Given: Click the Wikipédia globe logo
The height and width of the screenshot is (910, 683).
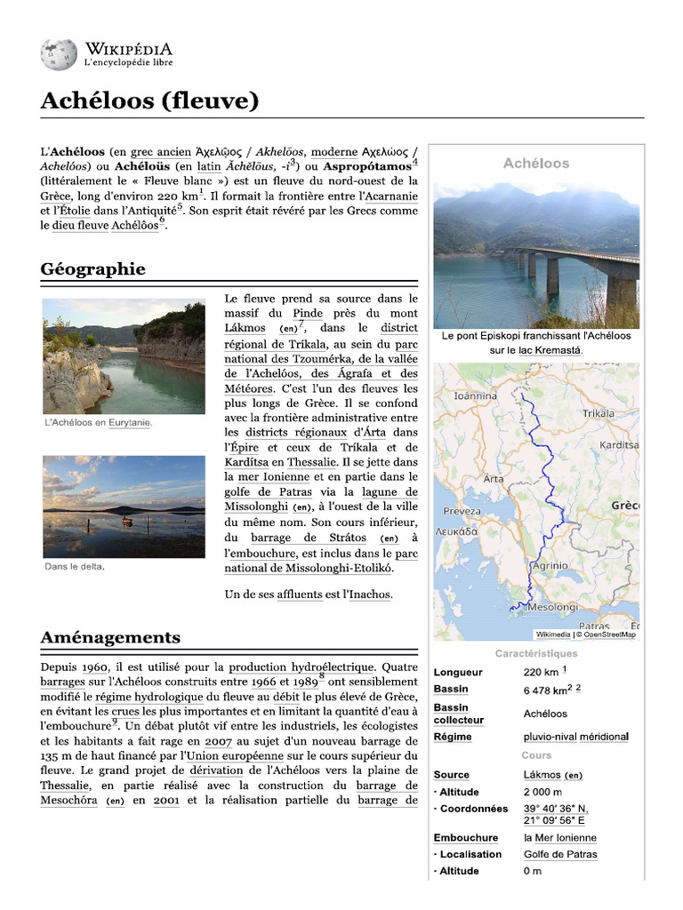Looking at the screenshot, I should tap(59, 55).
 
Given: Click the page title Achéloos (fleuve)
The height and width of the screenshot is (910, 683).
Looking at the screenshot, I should tap(149, 101).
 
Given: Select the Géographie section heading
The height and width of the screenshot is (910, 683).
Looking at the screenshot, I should tap(92, 269).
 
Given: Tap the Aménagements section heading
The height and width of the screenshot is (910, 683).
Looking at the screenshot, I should tap(110, 637).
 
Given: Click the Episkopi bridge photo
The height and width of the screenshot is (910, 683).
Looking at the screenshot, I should tap(535, 256).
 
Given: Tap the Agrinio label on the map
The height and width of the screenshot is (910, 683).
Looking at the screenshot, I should tap(550, 565).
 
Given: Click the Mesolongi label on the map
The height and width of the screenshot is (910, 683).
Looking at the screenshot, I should tap(553, 607).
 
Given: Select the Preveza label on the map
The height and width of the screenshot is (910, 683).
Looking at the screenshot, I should tap(462, 512).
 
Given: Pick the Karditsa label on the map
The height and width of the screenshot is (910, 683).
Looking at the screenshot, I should tap(619, 443).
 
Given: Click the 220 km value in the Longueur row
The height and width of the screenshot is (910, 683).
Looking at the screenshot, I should tap(541, 672).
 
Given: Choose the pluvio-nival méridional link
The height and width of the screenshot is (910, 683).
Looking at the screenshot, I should tap(575, 737).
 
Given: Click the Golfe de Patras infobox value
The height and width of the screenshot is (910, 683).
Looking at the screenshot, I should tap(560, 855).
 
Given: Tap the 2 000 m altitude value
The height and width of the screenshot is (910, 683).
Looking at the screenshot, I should tap(542, 792).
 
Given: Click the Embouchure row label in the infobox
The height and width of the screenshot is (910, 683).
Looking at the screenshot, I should tap(465, 838).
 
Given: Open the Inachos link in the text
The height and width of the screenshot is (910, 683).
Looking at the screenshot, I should tap(366, 595).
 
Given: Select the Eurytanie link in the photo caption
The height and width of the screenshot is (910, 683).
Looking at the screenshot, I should tap(129, 423).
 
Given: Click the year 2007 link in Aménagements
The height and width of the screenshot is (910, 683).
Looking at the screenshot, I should tap(218, 740).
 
